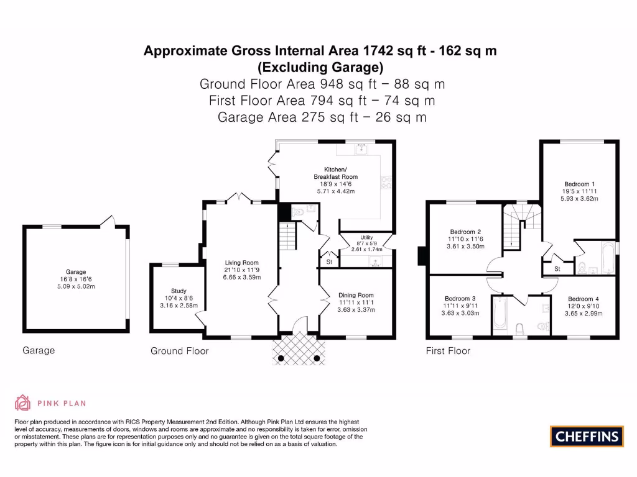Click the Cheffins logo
587,437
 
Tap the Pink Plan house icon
22,402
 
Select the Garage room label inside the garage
76,272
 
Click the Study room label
179,291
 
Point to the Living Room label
242,263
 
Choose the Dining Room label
356,295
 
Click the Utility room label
366,238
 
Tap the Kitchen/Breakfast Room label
335,173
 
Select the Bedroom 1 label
579,184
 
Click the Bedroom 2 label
465,232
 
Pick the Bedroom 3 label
460,298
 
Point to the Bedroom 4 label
584,299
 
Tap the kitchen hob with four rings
386,183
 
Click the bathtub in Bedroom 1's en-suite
608,258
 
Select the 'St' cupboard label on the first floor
557,269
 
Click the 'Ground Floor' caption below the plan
180,351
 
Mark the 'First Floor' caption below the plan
448,351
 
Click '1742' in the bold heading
378,51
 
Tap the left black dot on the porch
281,358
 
